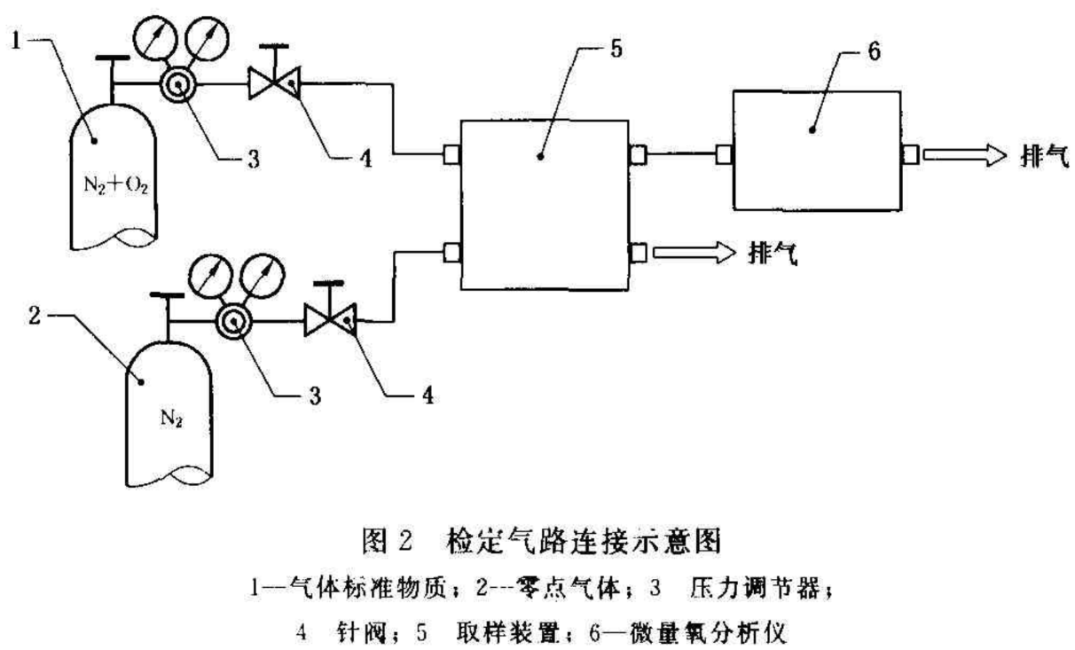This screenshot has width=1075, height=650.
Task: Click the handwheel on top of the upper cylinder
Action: pos(111,60)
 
